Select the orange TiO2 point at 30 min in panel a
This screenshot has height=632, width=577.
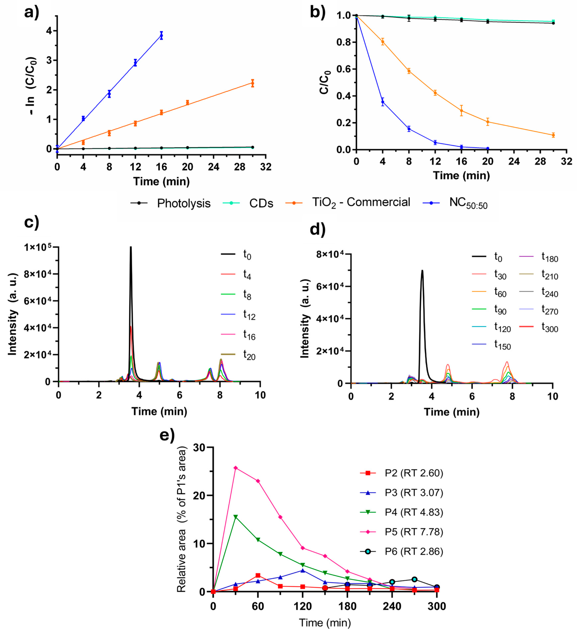(253, 83)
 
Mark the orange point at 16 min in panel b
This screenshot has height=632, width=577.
(461, 110)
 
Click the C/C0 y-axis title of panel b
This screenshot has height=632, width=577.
(325, 82)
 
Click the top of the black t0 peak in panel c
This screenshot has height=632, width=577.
(131, 248)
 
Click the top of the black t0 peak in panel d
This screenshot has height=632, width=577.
(422, 271)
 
